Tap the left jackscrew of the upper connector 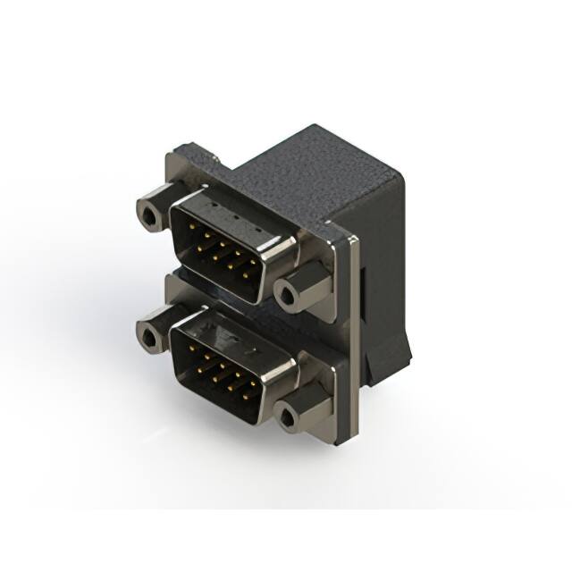click(x=154, y=212)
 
